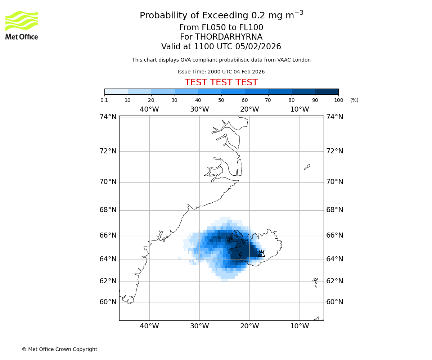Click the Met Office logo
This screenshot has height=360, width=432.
[x=22, y=25]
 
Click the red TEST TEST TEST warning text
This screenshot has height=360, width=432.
[x=221, y=82]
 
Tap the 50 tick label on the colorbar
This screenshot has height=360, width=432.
[x=221, y=100]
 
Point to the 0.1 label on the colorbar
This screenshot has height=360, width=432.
[x=104, y=100]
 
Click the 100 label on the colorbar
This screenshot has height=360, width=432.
[x=338, y=100]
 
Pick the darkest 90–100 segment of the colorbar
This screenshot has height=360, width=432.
[x=327, y=91]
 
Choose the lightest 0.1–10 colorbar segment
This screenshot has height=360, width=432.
[x=116, y=91]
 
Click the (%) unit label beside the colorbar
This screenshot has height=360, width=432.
[x=354, y=100]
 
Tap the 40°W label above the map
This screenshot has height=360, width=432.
[x=149, y=109]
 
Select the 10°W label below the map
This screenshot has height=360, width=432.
[x=300, y=326]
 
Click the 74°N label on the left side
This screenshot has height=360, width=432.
[x=108, y=117]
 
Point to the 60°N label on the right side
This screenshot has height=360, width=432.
[x=335, y=302]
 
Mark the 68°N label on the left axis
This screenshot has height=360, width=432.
[x=108, y=210]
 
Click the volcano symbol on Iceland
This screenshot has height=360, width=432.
[x=262, y=253]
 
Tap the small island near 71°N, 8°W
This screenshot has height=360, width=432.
[x=307, y=167]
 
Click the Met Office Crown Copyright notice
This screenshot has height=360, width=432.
[x=59, y=349]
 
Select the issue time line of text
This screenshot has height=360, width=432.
[x=221, y=72]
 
